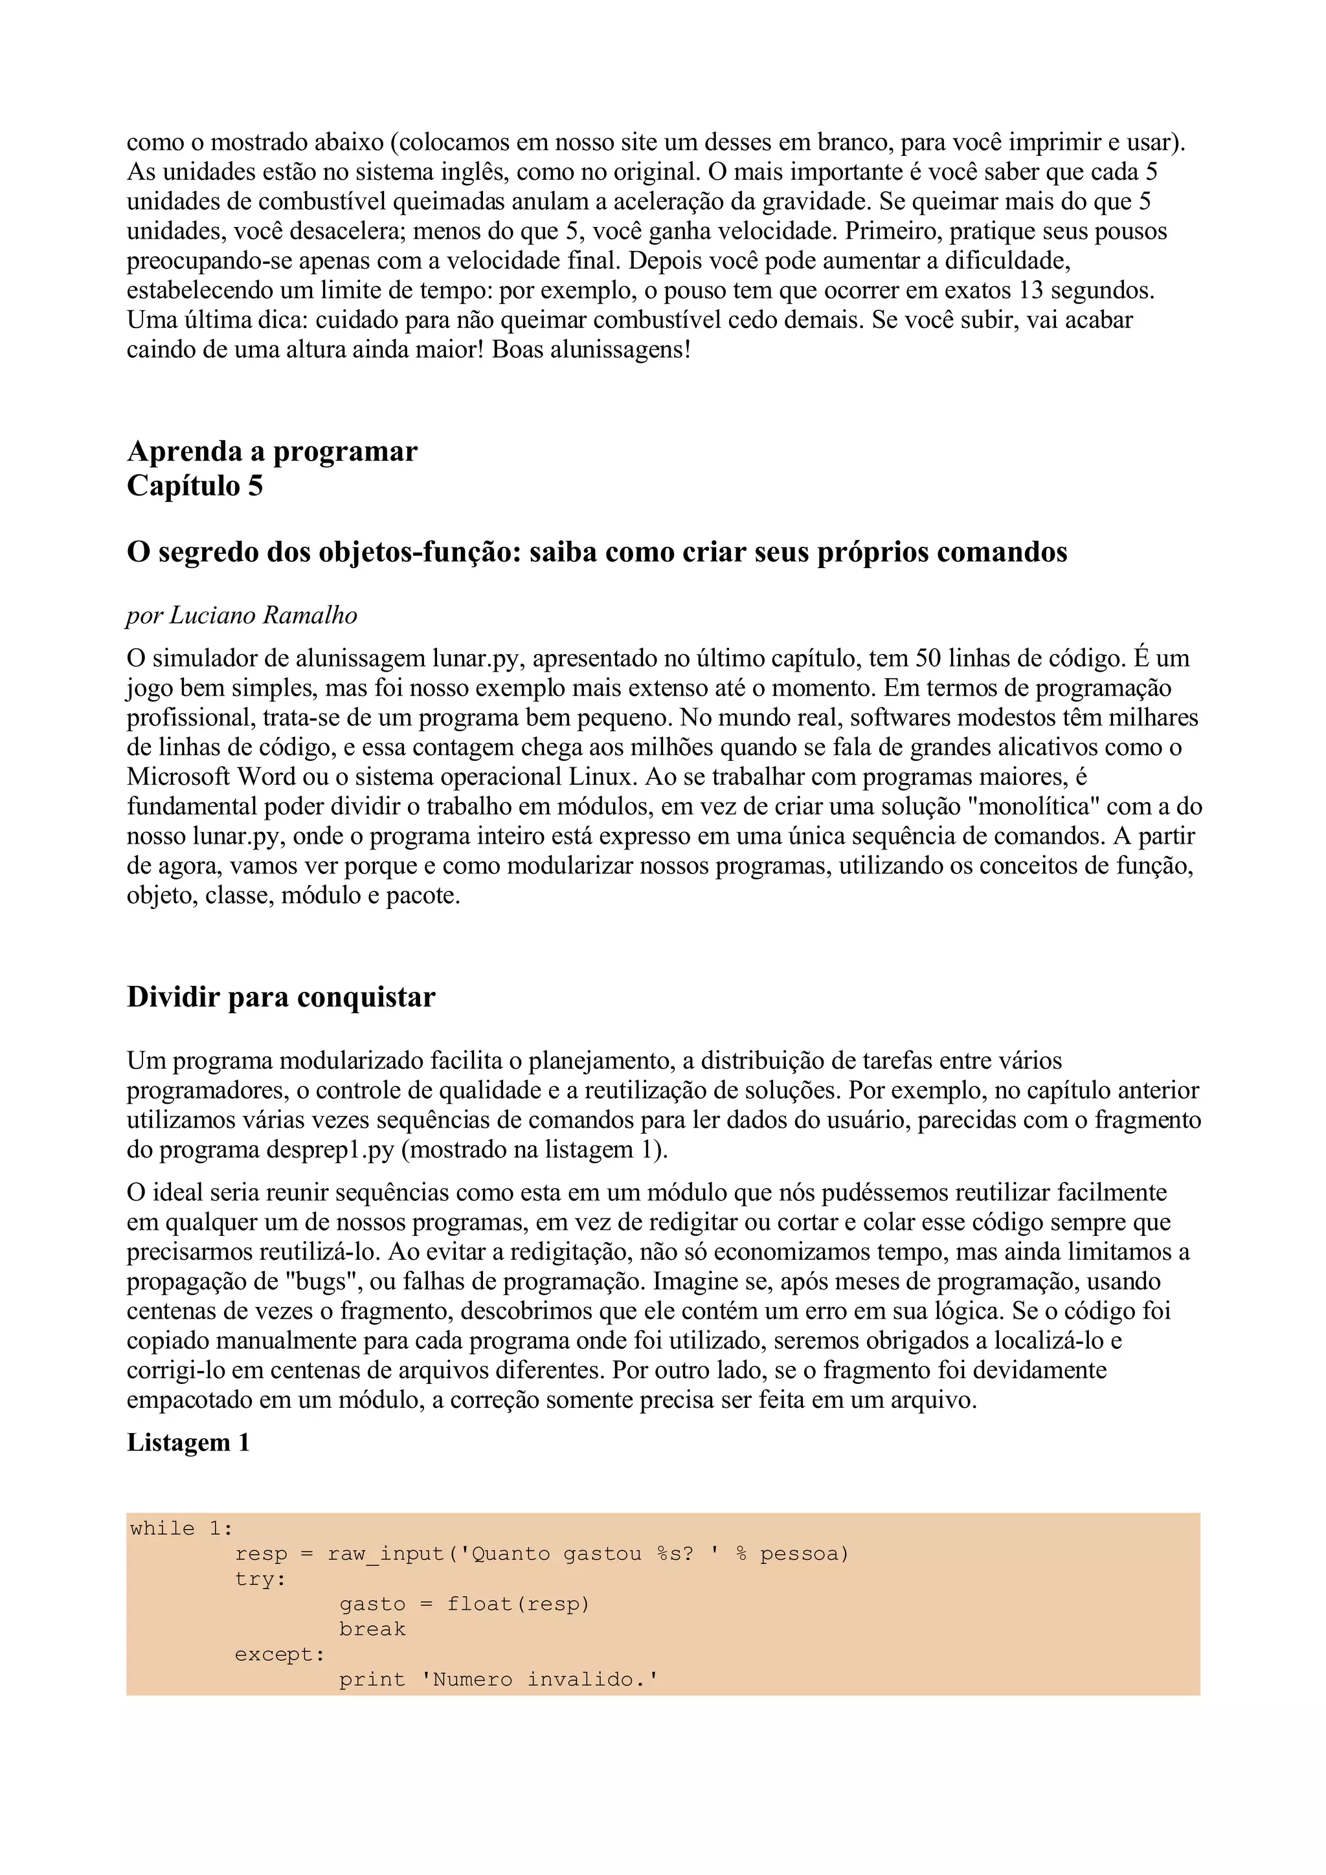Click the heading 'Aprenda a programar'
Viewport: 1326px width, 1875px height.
[x=272, y=452]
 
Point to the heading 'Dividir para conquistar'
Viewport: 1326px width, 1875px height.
[x=281, y=997]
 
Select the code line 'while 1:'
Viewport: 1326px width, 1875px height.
[x=181, y=1529]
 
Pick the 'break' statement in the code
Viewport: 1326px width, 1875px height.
[x=372, y=1629]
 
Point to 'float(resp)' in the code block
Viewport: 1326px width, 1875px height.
[x=518, y=1604]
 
